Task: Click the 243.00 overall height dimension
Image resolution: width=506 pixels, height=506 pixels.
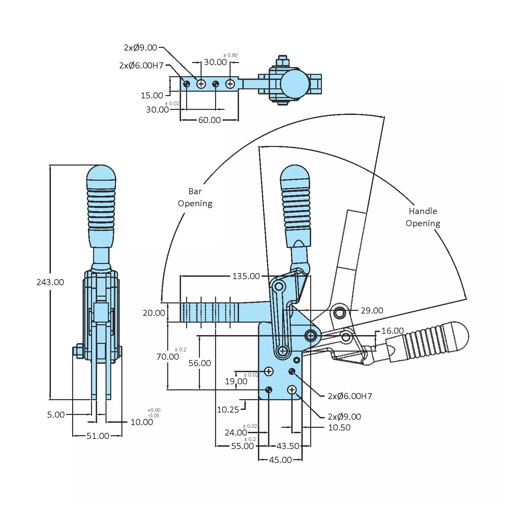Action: (x=50, y=282)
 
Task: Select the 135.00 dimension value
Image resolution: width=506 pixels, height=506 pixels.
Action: (x=246, y=276)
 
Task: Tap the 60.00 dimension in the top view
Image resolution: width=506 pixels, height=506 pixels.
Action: (x=209, y=120)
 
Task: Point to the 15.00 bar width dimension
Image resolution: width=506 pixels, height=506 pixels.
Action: (x=152, y=95)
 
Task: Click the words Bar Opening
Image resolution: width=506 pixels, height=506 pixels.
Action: (x=195, y=198)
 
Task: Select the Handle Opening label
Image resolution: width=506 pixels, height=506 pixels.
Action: (x=423, y=217)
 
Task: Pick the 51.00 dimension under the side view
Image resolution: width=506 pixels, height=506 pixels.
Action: (x=98, y=436)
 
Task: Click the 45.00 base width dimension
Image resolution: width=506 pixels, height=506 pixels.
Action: (x=280, y=460)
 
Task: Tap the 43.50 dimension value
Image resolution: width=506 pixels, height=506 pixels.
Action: (x=288, y=446)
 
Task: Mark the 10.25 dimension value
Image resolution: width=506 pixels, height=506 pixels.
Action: (x=228, y=410)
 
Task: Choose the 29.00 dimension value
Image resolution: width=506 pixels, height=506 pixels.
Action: (x=372, y=310)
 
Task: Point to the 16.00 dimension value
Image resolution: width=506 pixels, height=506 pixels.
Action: (x=392, y=331)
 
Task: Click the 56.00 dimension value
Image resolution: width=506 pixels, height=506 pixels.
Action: (x=200, y=363)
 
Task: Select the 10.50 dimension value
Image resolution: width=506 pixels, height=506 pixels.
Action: (x=339, y=427)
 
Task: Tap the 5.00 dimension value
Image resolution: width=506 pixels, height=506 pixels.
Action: (x=56, y=415)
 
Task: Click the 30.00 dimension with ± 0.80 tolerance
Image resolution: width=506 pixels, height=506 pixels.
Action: (x=215, y=62)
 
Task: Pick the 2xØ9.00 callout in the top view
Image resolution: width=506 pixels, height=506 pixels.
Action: (x=141, y=48)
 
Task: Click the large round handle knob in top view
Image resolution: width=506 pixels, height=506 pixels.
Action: (x=295, y=84)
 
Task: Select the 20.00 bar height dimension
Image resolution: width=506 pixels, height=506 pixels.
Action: (x=154, y=313)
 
